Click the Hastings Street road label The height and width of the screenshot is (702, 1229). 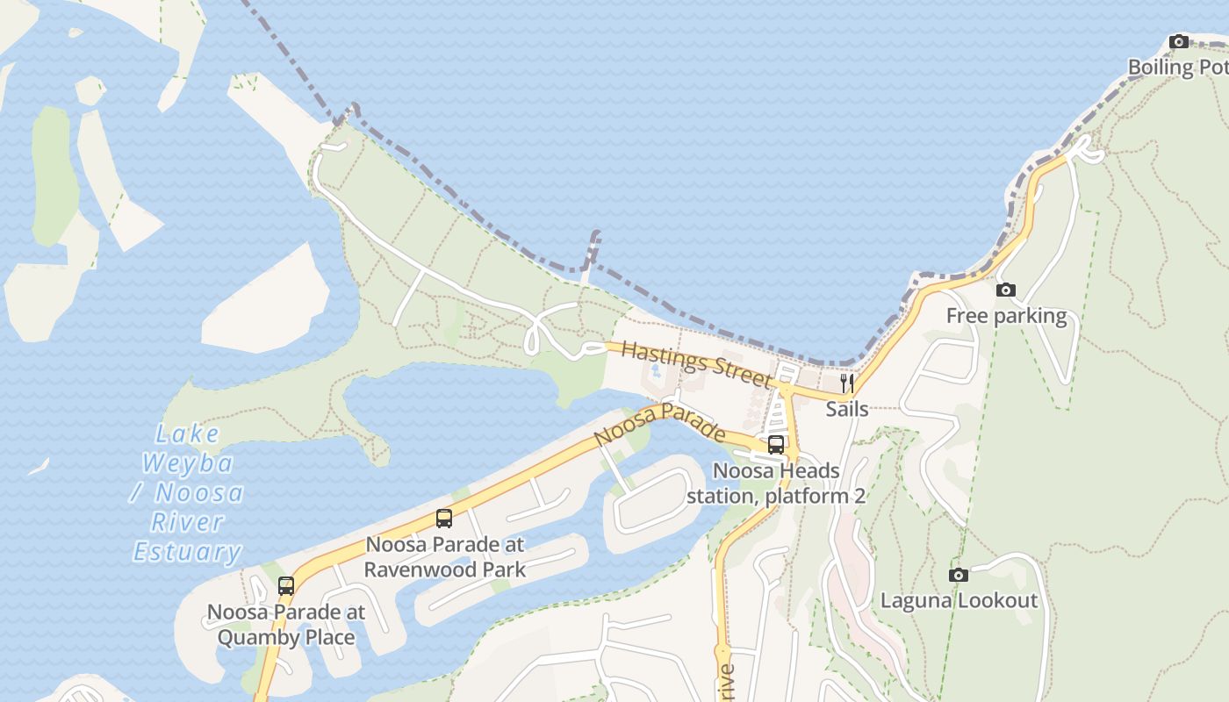(x=697, y=364)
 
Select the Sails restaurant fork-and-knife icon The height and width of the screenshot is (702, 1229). (x=847, y=383)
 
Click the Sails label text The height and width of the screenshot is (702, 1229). (x=847, y=409)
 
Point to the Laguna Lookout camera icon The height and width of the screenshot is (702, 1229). (x=959, y=575)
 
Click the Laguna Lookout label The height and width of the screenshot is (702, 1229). (x=959, y=601)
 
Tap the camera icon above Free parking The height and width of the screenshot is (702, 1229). (x=1006, y=290)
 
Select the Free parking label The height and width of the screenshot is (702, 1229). (x=1006, y=316)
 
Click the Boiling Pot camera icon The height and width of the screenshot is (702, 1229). (x=1179, y=41)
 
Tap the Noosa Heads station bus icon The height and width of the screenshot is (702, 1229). (x=776, y=444)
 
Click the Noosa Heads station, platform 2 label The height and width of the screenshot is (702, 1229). (x=776, y=484)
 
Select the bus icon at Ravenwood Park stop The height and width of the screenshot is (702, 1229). (x=444, y=518)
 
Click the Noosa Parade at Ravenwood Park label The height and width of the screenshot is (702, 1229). (x=445, y=557)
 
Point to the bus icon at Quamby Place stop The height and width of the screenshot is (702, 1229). (x=286, y=585)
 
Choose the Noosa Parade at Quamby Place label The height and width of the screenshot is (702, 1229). (x=286, y=625)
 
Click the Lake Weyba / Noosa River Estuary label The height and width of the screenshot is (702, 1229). (x=188, y=492)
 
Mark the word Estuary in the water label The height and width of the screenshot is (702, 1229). (x=188, y=552)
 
